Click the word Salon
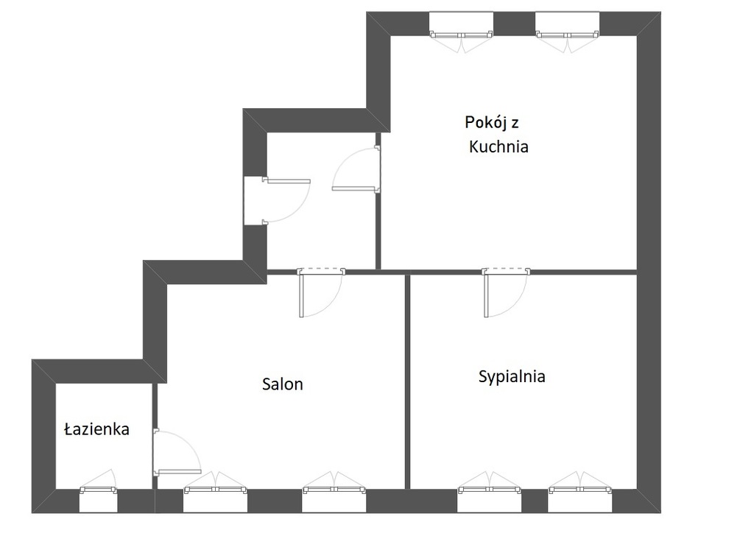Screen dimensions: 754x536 tap(282, 384)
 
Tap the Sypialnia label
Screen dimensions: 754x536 tap(512, 376)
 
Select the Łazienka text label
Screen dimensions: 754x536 tap(96, 429)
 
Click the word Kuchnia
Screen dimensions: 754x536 tap(498, 147)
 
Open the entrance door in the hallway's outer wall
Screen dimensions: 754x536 tap(277, 201)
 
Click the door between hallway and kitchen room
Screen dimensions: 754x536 tap(356, 170)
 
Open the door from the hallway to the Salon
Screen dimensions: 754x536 tap(321, 292)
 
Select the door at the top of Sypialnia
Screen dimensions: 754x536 tap(506, 292)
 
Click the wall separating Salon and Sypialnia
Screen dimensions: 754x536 tap(407, 381)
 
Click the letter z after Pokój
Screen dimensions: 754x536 tap(515, 124)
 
